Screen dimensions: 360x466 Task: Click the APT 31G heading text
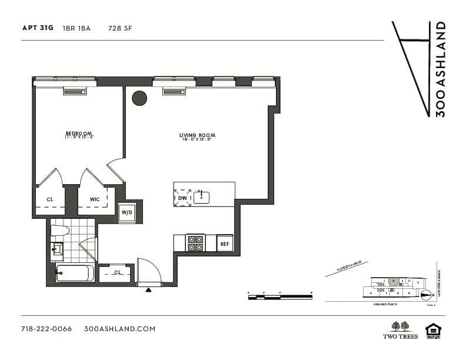click(x=37, y=28)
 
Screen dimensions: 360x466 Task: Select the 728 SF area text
click(x=120, y=28)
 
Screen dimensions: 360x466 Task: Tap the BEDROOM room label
click(x=79, y=134)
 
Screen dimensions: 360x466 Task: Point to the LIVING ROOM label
click(x=195, y=136)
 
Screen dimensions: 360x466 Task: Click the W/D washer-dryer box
click(x=127, y=212)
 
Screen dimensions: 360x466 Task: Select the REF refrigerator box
click(x=225, y=244)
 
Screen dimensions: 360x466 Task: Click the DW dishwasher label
click(x=182, y=198)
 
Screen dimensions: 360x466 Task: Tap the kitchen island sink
click(x=201, y=197)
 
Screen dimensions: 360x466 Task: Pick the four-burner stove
click(x=195, y=243)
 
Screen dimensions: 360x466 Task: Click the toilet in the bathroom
click(x=59, y=231)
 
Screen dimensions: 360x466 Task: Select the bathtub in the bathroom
click(x=74, y=273)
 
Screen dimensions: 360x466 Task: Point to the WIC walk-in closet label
click(x=95, y=199)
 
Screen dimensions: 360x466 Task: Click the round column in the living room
click(x=139, y=98)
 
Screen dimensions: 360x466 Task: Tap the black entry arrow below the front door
click(x=148, y=289)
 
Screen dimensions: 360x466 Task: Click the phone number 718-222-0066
click(x=46, y=329)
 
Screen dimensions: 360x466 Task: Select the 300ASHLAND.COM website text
click(x=120, y=329)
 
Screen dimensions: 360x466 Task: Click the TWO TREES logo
click(x=401, y=330)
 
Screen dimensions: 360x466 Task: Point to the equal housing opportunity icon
click(x=433, y=331)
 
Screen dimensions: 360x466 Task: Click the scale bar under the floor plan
click(x=279, y=297)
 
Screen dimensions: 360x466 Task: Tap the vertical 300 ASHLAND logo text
click(x=440, y=69)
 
